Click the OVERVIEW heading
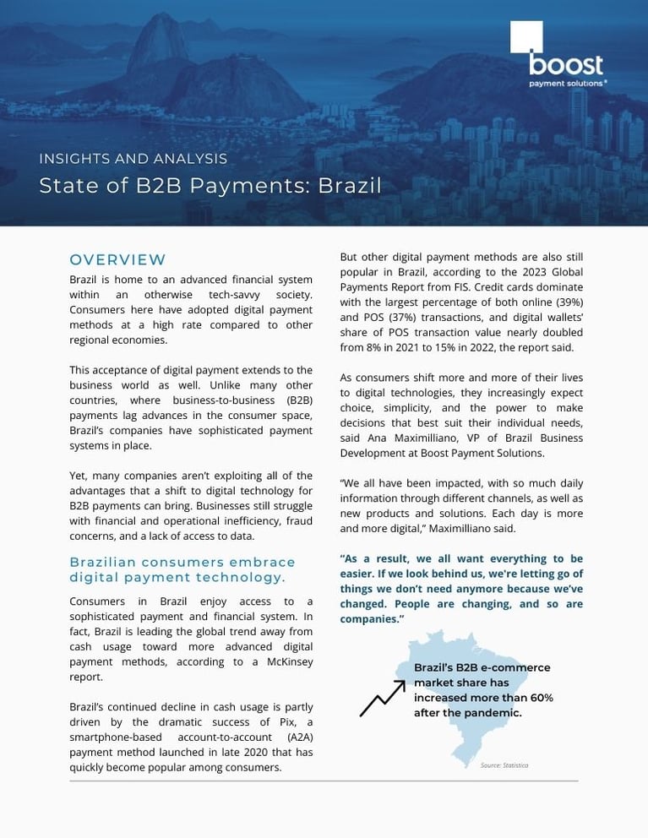click(x=117, y=259)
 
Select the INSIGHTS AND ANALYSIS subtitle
click(x=133, y=158)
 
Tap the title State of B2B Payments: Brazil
click(x=210, y=186)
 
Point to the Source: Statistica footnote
click(x=504, y=765)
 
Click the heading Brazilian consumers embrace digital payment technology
click(x=182, y=569)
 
